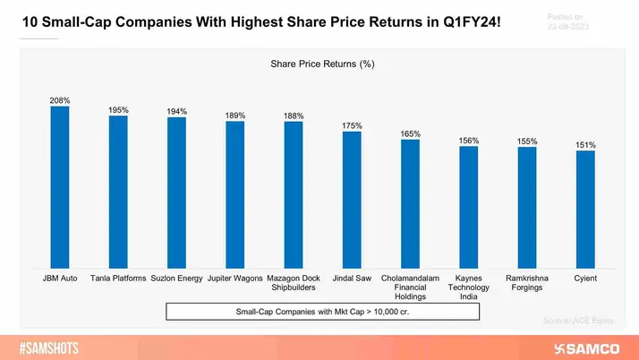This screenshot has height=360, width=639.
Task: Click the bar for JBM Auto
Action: pos(59,188)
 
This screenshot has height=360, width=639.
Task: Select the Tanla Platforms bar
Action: pos(118,192)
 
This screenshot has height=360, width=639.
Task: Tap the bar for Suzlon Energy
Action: pos(176,193)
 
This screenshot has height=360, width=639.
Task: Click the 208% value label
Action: pos(59,100)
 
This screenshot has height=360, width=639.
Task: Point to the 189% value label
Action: pos(234,116)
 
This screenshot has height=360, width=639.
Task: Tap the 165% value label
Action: pos(410,133)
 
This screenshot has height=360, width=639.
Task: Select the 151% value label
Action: pos(585,144)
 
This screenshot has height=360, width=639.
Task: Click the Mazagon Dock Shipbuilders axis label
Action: pos(294,283)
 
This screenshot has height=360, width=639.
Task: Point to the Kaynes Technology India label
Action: pos(468,287)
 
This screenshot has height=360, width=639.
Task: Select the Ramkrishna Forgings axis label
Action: pos(527,283)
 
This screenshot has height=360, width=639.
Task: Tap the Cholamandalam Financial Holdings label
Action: pos(410,287)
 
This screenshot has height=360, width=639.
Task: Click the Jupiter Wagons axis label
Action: pos(234,279)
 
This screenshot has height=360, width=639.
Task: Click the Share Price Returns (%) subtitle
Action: pos(322,64)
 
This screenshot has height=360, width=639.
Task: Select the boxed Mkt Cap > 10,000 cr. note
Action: pos(322,311)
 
